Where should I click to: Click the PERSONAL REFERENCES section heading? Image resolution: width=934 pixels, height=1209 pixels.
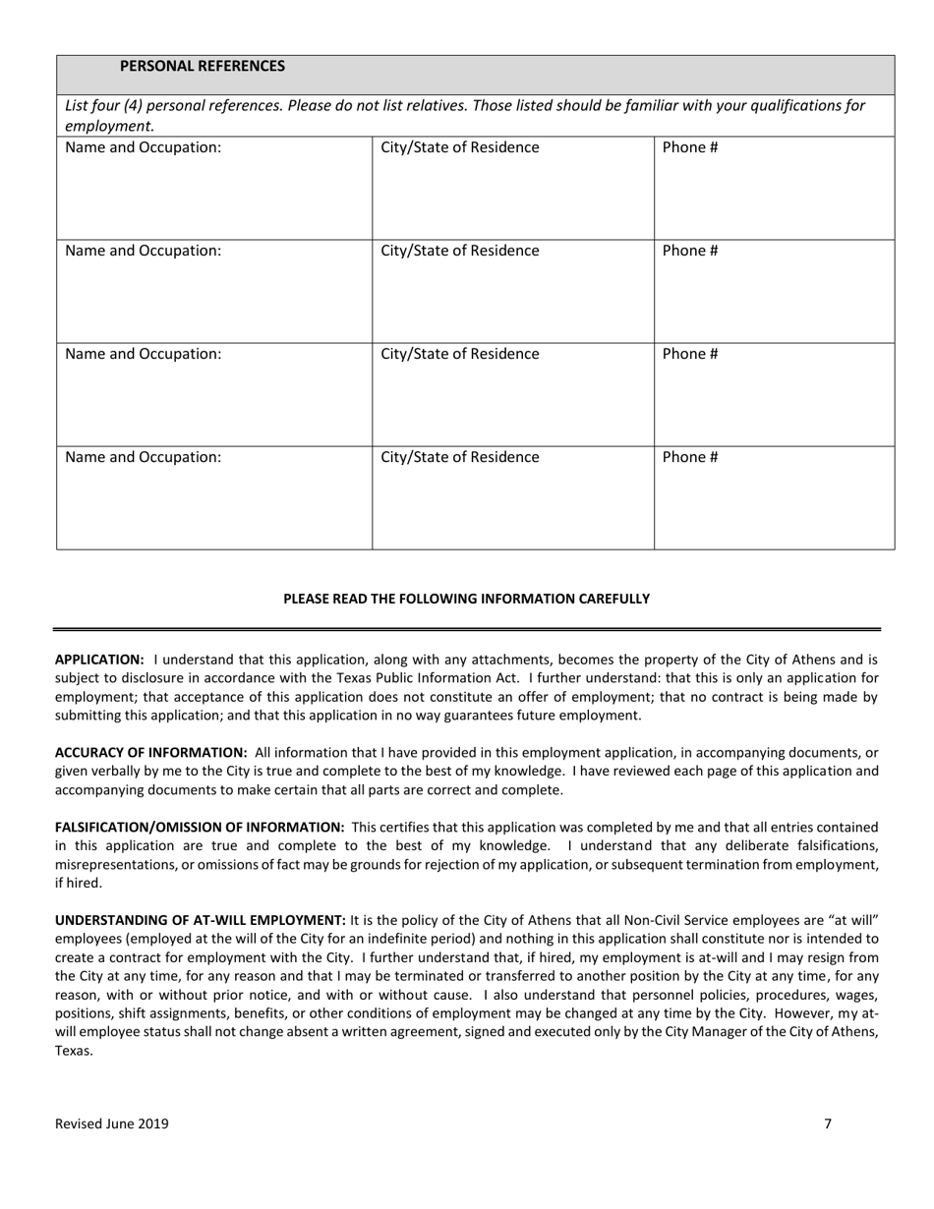202,66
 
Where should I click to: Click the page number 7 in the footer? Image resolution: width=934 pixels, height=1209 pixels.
828,1123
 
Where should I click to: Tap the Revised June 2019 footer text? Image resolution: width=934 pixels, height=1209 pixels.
111,1123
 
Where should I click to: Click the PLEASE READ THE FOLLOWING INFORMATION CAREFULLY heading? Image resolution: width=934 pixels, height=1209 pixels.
466,599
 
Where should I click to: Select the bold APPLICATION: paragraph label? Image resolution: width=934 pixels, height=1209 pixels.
99,661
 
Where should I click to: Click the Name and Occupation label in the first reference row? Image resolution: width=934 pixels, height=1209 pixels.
143,148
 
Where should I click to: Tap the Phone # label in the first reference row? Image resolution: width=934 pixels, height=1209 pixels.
689,148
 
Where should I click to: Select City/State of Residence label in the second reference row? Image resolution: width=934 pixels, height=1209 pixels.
459,251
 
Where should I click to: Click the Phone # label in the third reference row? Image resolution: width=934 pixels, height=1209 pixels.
689,354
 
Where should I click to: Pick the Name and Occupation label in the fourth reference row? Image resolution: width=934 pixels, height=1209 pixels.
143,457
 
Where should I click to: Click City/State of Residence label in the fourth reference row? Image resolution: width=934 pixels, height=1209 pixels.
459,457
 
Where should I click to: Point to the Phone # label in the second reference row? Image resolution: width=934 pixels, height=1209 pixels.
689,251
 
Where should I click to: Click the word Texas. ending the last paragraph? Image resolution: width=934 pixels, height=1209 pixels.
74,1051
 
